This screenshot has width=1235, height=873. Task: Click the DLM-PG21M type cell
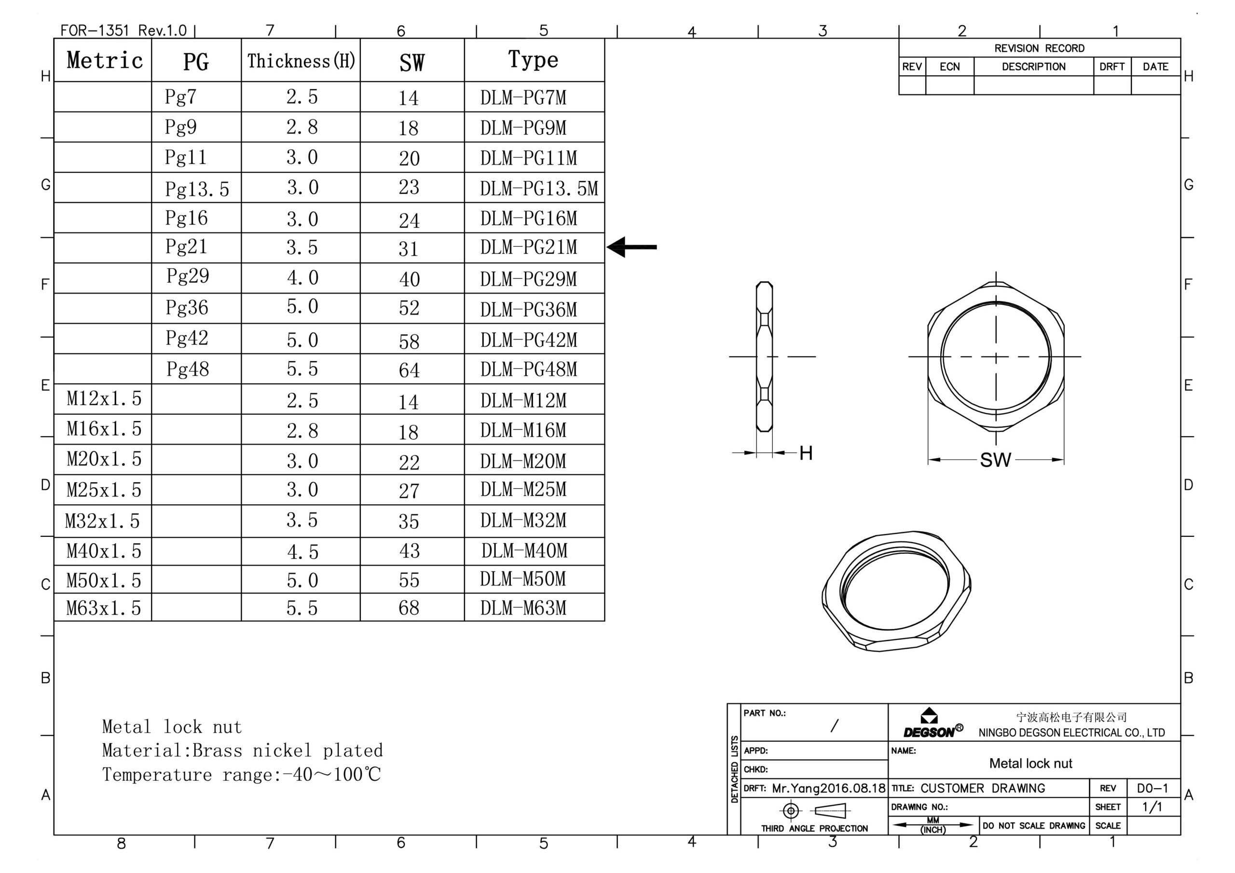[528, 247]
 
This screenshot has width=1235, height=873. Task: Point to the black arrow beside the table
[631, 247]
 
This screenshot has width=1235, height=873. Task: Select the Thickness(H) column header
[301, 61]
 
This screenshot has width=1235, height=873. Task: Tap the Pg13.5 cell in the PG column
[197, 189]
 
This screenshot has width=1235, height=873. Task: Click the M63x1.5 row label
[103, 608]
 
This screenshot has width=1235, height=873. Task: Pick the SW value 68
[409, 608]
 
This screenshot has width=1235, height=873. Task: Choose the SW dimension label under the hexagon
[996, 460]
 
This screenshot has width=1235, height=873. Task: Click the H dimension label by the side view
[806, 453]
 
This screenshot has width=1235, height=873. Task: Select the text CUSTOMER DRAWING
[983, 788]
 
